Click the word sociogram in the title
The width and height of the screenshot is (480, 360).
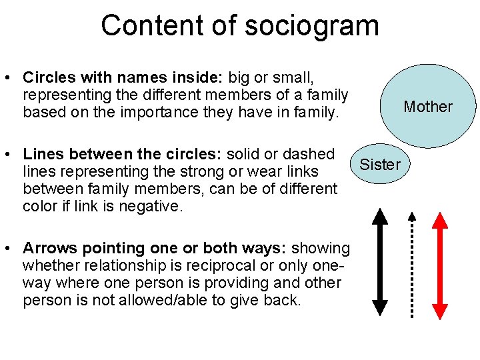pyautogui.click(x=312, y=26)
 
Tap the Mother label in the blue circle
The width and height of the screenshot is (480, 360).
pyautogui.click(x=428, y=107)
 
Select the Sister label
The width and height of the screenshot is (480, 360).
pyautogui.click(x=380, y=165)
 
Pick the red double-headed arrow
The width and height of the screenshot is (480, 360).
pyautogui.click(x=441, y=264)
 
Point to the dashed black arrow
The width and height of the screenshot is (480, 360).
pyautogui.click(x=413, y=264)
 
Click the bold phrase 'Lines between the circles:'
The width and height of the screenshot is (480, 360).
pyautogui.click(x=122, y=155)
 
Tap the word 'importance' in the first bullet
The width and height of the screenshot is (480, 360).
pyautogui.click(x=149, y=113)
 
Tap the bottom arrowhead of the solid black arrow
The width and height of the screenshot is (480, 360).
pyautogui.click(x=379, y=307)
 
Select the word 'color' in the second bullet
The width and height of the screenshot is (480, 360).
pyautogui.click(x=42, y=207)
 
